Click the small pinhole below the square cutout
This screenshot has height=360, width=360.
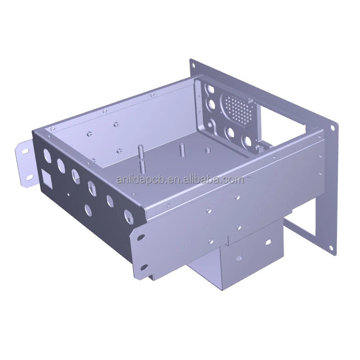pyautogui.click(x=68, y=195)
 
